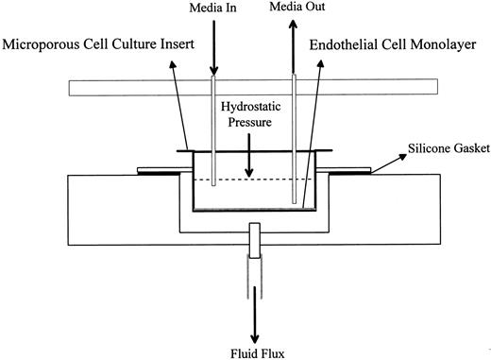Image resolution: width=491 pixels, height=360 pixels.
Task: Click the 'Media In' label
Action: coord(216,9)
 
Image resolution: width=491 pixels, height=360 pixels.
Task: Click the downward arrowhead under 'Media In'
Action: coord(215,70)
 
